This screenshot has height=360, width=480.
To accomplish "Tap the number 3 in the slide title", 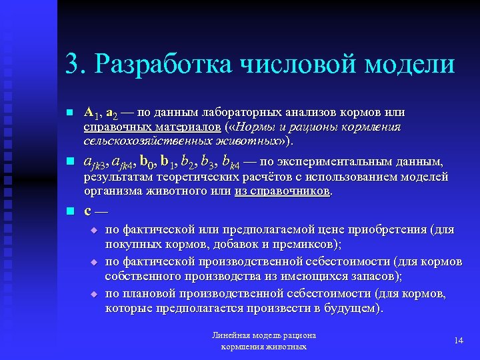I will coord(71,65).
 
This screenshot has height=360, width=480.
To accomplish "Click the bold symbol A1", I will coord(93,112).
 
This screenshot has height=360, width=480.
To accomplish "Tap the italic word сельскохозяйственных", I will coord(146,141).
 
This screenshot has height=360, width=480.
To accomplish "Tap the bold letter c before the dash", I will coord(88,212).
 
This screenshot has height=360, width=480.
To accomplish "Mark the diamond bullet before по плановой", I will coord(94,294).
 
